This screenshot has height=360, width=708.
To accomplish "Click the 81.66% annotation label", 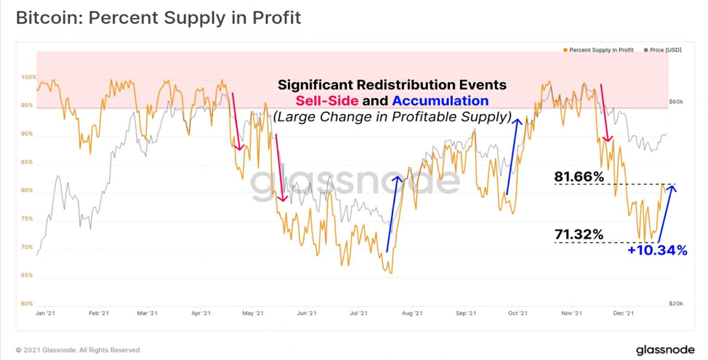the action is pyautogui.click(x=579, y=177).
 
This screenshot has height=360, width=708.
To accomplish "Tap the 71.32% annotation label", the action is pyautogui.click(x=579, y=234).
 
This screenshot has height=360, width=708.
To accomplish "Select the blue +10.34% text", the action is pyautogui.click(x=657, y=250).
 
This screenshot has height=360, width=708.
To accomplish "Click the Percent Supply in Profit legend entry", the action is pyautogui.click(x=598, y=49).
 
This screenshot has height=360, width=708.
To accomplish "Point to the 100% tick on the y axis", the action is pyautogui.click(x=28, y=77).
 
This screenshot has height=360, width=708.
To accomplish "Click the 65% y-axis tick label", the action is pyautogui.click(x=28, y=275).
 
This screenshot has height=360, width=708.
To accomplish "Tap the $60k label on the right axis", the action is pyautogui.click(x=676, y=102).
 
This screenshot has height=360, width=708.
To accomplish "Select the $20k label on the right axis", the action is pyautogui.click(x=676, y=304).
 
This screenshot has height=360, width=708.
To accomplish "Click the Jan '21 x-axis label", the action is pyautogui.click(x=44, y=313).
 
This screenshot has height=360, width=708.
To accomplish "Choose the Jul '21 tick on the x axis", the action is pyautogui.click(x=359, y=313).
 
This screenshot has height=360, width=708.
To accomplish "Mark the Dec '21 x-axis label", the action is pyautogui.click(x=624, y=313).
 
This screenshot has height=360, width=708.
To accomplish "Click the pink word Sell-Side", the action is pyautogui.click(x=327, y=101).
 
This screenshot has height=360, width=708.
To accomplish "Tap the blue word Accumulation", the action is pyautogui.click(x=441, y=101).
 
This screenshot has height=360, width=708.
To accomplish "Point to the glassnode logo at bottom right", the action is pyautogui.click(x=665, y=350).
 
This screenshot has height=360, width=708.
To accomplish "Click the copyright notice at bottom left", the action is pyautogui.click(x=79, y=350).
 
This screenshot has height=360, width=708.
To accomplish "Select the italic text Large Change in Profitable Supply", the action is pyautogui.click(x=392, y=117).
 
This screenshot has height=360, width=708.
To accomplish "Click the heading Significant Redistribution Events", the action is pyautogui.click(x=392, y=85).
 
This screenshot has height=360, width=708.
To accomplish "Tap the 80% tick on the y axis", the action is pyautogui.click(x=28, y=191).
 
